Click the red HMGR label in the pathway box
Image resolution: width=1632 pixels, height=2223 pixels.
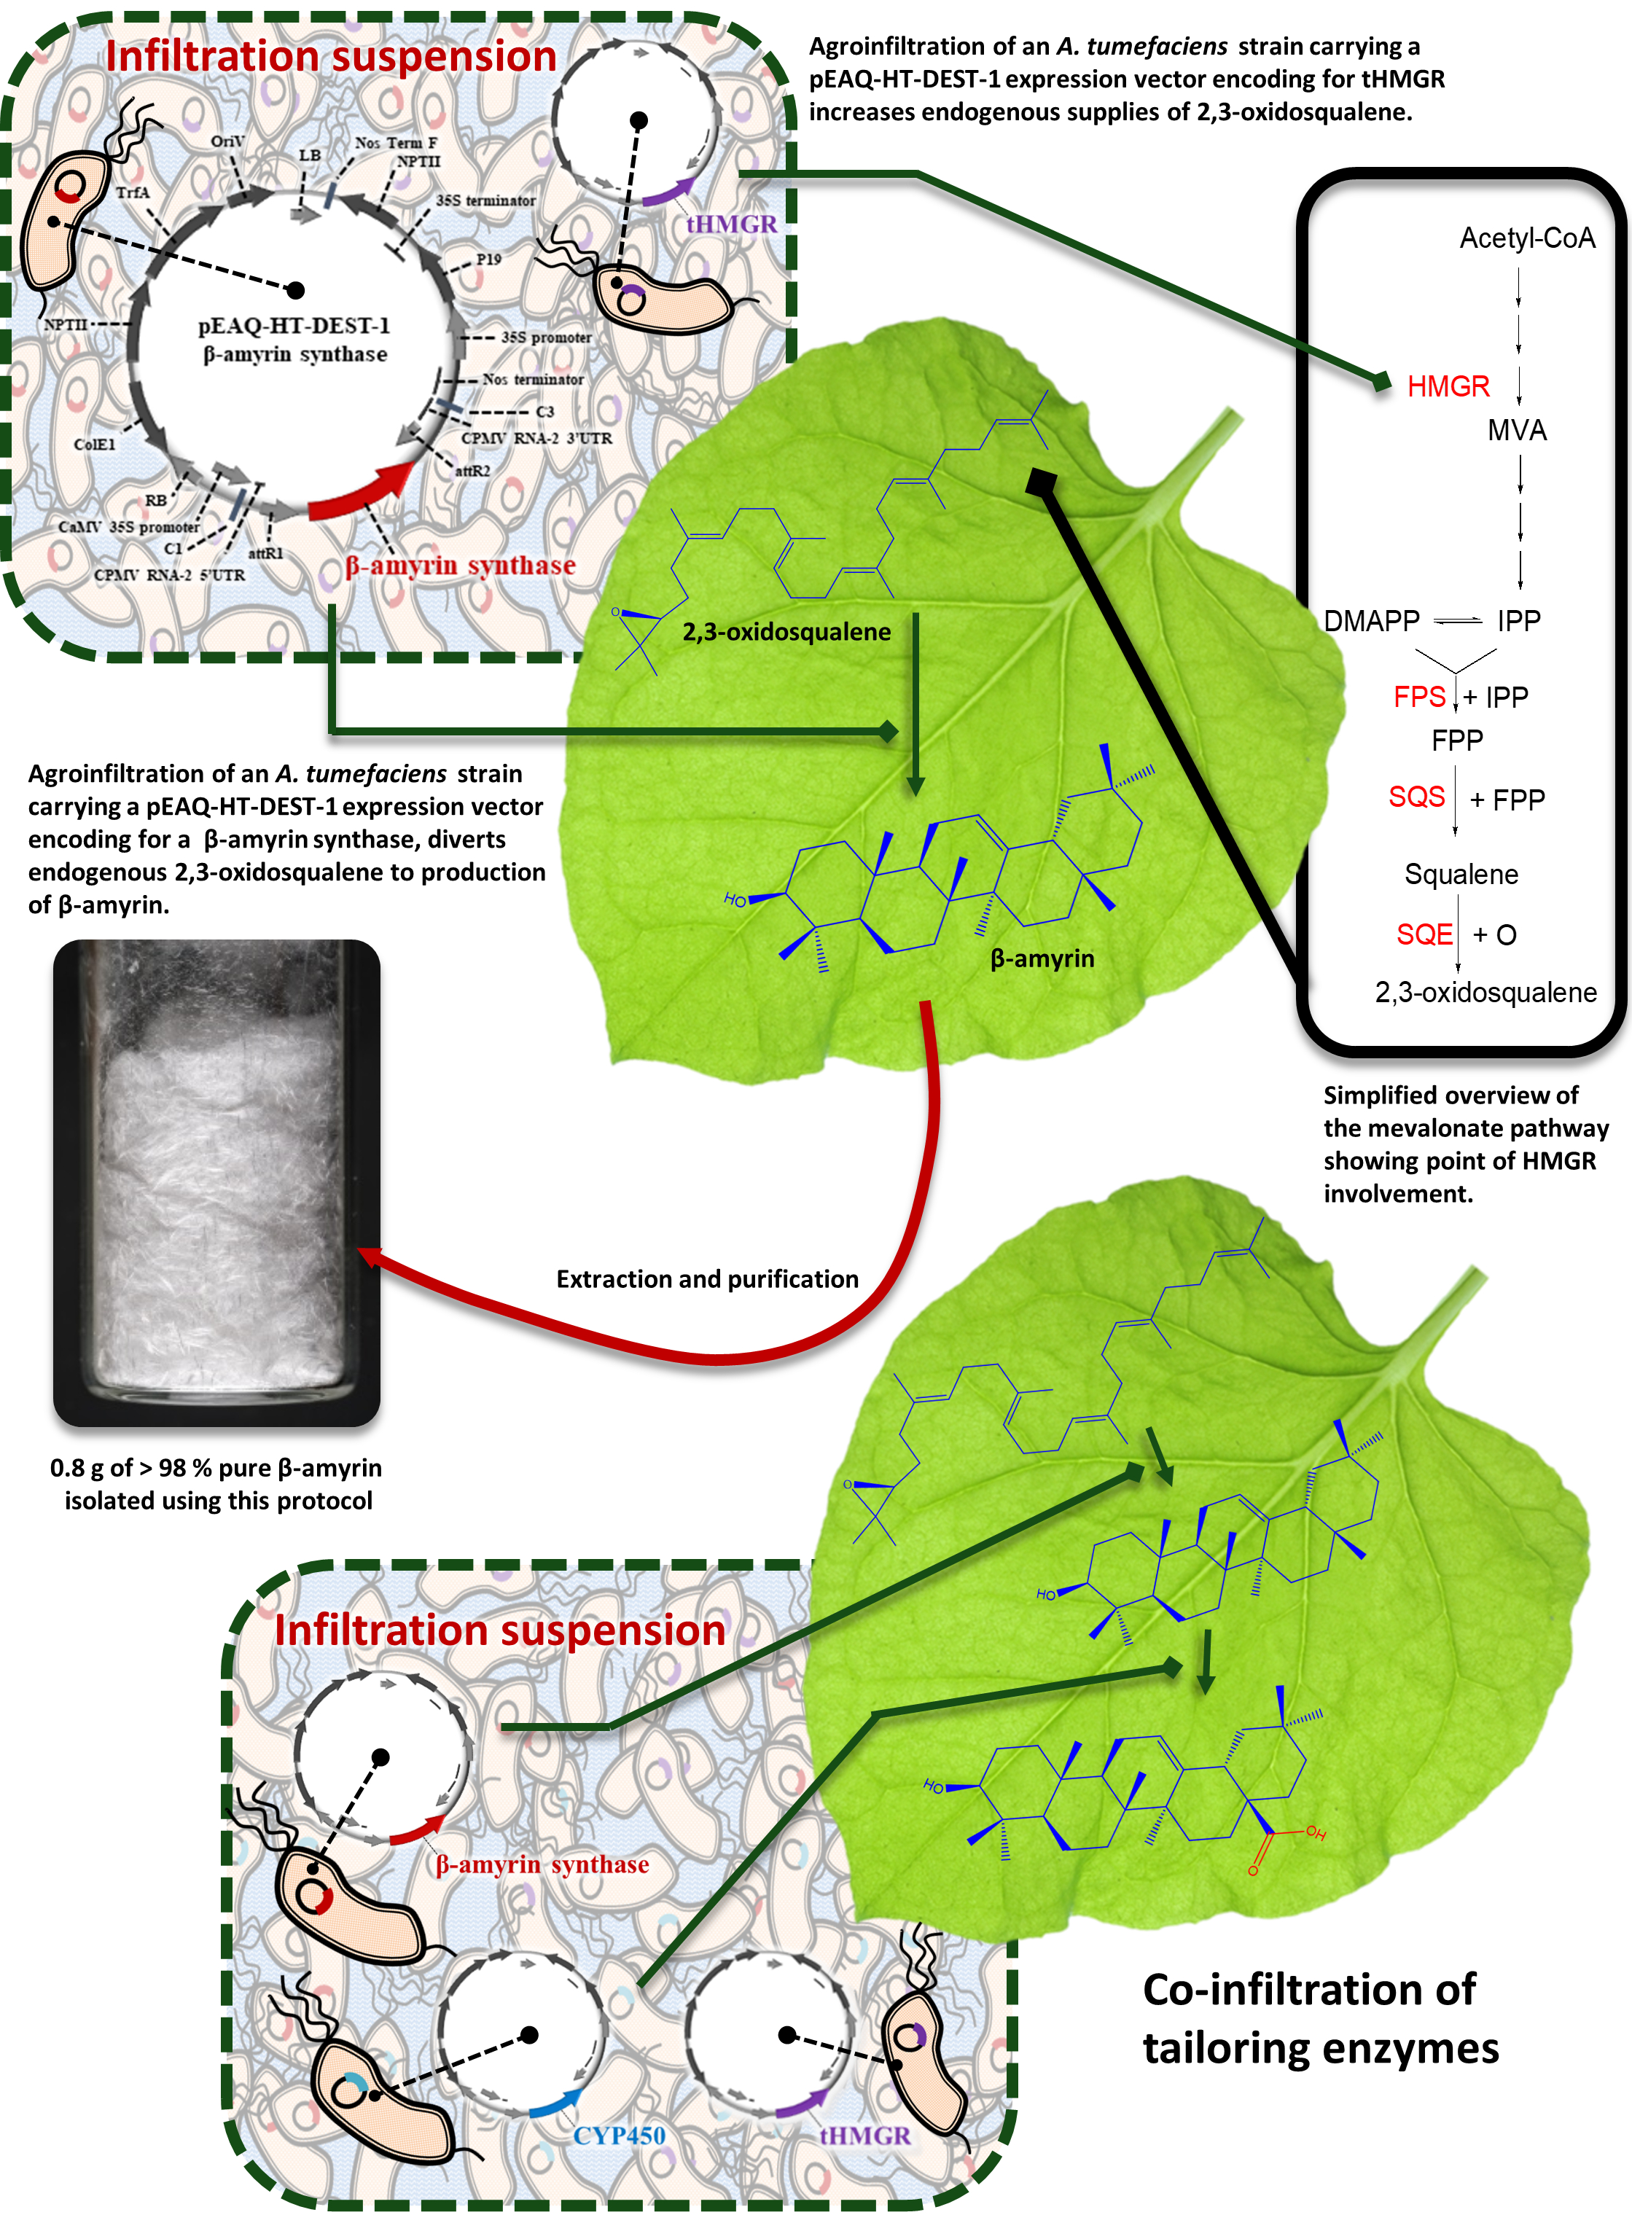pyautogui.click(x=1448, y=386)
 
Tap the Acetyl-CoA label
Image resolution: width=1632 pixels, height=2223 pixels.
pyautogui.click(x=1527, y=238)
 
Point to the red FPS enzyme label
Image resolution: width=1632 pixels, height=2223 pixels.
pyautogui.click(x=1420, y=698)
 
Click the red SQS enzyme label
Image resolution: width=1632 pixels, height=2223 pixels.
pyautogui.click(x=1417, y=797)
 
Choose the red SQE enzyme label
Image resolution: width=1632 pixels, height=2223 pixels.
pyautogui.click(x=1424, y=934)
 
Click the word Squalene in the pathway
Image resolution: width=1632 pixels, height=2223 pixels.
pyautogui.click(x=1461, y=875)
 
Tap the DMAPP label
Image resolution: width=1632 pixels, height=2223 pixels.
pyautogui.click(x=1371, y=621)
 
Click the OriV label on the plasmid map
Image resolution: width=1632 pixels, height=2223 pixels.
pyautogui.click(x=227, y=141)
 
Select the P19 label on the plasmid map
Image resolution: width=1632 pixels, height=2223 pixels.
pyautogui.click(x=489, y=259)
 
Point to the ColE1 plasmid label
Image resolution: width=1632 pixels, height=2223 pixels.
pyautogui.click(x=94, y=445)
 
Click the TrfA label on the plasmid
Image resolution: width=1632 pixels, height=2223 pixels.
pyautogui.click(x=133, y=192)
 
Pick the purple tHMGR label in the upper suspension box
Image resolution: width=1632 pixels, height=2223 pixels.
pyautogui.click(x=732, y=224)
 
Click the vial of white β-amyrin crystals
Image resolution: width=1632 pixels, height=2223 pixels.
pyautogui.click(x=216, y=1182)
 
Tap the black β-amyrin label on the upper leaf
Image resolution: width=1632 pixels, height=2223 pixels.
pyautogui.click(x=1042, y=959)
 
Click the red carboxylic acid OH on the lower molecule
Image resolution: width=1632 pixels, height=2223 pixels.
pyautogui.click(x=1316, y=1833)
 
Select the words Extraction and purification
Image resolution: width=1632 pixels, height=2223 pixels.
pyautogui.click(x=707, y=1280)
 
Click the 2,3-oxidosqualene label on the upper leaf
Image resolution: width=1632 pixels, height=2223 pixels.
pyautogui.click(x=786, y=632)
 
